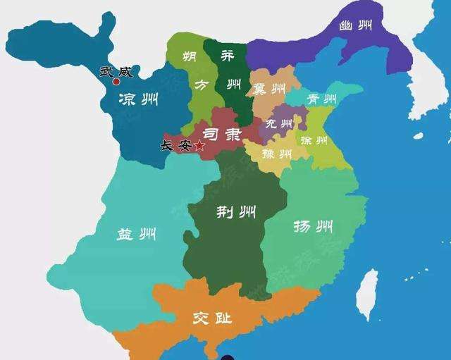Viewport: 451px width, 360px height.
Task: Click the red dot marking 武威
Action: pos(117,82)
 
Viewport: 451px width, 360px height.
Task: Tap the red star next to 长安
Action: pos(199,145)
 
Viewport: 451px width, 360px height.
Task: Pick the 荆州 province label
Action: pos(236,211)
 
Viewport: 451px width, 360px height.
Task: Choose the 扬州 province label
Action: pos(313,227)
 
